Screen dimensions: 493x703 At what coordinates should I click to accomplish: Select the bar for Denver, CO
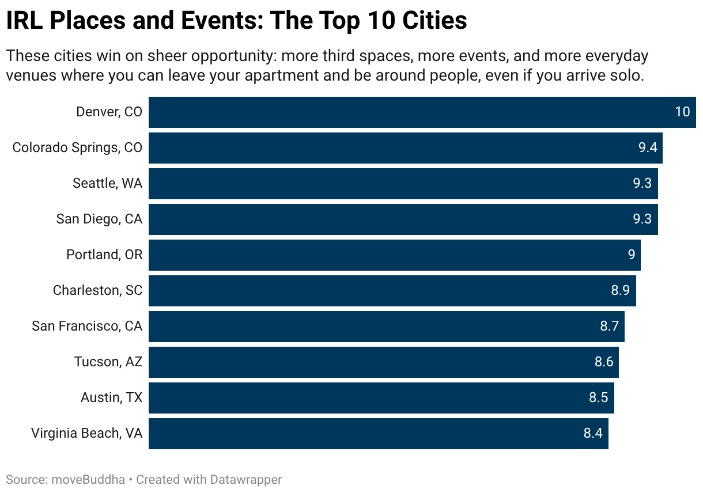point(403,112)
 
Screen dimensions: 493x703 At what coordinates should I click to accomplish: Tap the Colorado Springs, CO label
point(77,147)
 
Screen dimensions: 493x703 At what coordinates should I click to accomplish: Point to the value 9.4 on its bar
point(648,147)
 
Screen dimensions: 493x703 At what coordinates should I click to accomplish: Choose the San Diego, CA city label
point(99,219)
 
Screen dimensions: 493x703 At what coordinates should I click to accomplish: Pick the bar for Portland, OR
point(392,255)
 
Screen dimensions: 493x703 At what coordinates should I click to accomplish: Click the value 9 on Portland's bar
point(632,255)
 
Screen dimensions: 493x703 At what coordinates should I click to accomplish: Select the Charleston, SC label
point(97,290)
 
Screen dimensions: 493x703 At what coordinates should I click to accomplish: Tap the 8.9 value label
point(620,290)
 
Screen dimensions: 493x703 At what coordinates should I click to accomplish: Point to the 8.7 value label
point(609,326)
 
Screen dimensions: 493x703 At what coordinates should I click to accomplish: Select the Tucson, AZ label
point(108,362)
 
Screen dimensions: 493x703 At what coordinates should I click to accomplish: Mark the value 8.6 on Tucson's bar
point(604,362)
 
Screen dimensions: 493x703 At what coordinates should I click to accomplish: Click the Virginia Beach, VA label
point(86,433)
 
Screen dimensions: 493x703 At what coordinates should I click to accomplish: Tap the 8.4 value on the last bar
point(593,433)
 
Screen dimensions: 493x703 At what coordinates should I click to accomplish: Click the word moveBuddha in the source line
point(88,479)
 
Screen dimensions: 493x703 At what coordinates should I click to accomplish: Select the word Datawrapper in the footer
point(246,479)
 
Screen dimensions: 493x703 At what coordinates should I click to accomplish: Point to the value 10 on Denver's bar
point(682,112)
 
